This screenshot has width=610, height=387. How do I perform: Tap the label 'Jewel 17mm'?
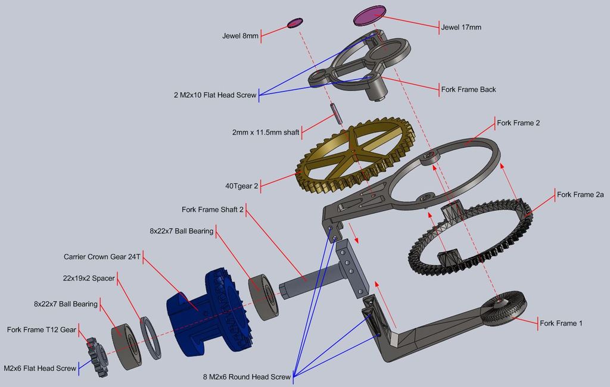460,27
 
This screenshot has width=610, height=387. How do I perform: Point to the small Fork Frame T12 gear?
96,356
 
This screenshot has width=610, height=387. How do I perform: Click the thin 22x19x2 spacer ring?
151,338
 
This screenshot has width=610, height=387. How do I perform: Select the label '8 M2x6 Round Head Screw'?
247,377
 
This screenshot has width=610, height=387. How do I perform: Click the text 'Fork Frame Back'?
468,89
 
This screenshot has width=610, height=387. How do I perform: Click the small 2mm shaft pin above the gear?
336,113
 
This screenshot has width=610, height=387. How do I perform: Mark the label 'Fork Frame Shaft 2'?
213,210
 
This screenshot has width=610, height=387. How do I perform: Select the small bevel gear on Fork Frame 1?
504,307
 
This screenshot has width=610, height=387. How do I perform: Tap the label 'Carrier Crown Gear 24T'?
102,257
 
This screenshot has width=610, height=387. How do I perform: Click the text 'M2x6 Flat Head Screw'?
40,369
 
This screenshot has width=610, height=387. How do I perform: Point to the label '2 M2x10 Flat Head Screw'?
213,95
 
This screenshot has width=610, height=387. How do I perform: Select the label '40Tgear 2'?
241,186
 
